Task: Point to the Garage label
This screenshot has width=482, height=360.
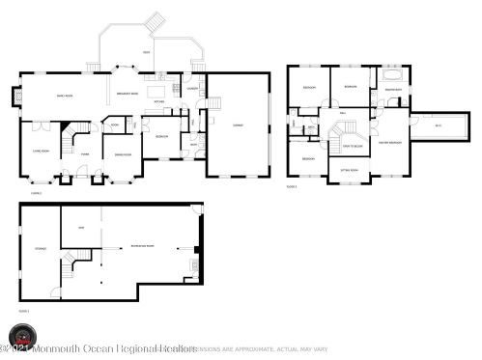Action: tap(236, 125)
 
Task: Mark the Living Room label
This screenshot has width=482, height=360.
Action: tap(42, 152)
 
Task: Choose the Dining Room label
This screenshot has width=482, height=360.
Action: tap(123, 154)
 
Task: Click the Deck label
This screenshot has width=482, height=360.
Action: tap(146, 51)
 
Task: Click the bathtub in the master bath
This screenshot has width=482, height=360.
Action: tap(393, 74)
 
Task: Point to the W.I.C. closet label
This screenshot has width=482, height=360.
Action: tap(438, 125)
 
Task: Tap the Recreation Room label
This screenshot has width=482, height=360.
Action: tap(144, 246)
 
